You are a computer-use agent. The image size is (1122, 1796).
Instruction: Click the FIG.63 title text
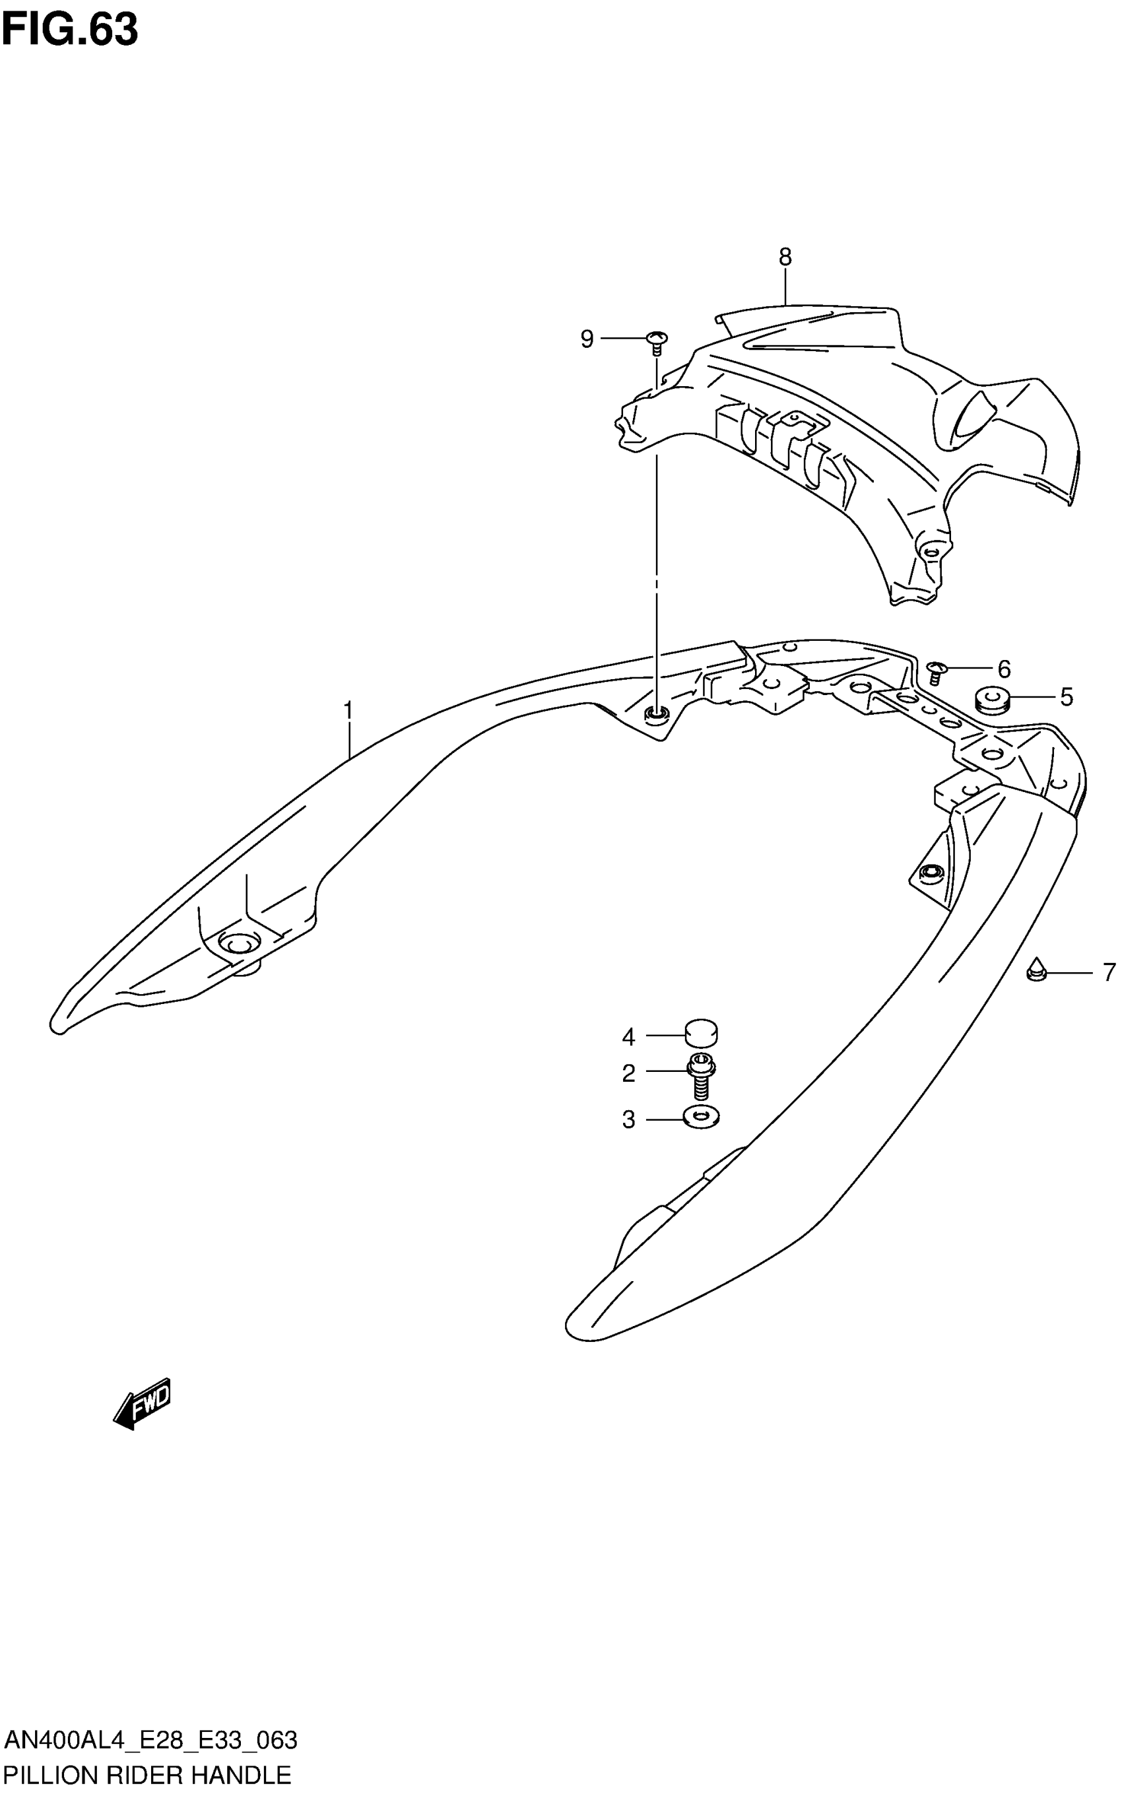tap(70, 30)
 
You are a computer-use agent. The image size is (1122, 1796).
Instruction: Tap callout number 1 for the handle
tap(347, 711)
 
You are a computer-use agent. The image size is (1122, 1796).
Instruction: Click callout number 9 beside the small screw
tap(587, 339)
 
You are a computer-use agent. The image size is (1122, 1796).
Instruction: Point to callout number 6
tap(1003, 669)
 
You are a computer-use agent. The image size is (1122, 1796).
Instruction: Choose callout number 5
tap(1066, 697)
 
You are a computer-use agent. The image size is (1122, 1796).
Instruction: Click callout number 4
tap(628, 1037)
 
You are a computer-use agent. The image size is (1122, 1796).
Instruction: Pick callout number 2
tap(628, 1073)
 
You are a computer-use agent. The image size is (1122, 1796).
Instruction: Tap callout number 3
tap(628, 1119)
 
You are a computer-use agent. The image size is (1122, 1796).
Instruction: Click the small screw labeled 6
tap(936, 672)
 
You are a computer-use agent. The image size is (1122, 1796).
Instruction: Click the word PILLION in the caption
tap(50, 1776)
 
